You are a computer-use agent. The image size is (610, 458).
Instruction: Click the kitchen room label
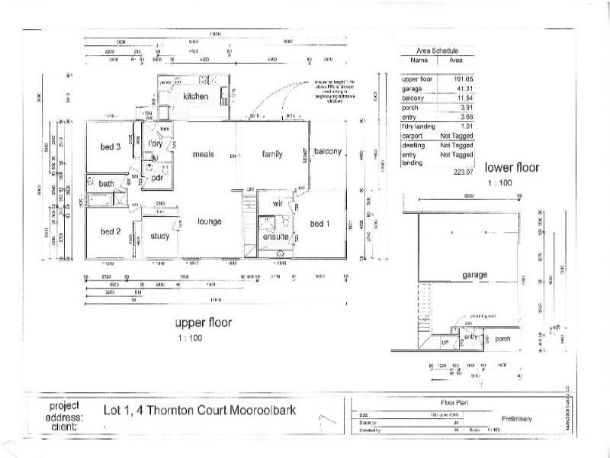click(x=195, y=97)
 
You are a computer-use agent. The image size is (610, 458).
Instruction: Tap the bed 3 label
click(x=111, y=147)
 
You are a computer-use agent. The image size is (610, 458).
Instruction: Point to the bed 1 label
click(x=321, y=224)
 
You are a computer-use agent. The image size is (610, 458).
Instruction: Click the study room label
click(x=159, y=237)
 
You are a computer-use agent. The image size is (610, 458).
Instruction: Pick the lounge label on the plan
click(x=209, y=221)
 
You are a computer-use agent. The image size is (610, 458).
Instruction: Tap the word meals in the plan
click(x=204, y=154)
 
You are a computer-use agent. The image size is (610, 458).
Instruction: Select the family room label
click(x=272, y=154)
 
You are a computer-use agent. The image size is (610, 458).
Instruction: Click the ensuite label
click(x=274, y=237)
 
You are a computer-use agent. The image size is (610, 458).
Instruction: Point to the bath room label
click(x=106, y=184)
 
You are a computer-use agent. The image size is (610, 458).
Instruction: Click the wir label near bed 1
click(x=278, y=204)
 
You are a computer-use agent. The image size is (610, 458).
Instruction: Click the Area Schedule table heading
click(x=435, y=50)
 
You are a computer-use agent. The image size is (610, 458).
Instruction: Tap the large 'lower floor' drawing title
click(x=512, y=167)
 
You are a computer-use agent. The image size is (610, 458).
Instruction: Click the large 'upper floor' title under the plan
click(x=204, y=322)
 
